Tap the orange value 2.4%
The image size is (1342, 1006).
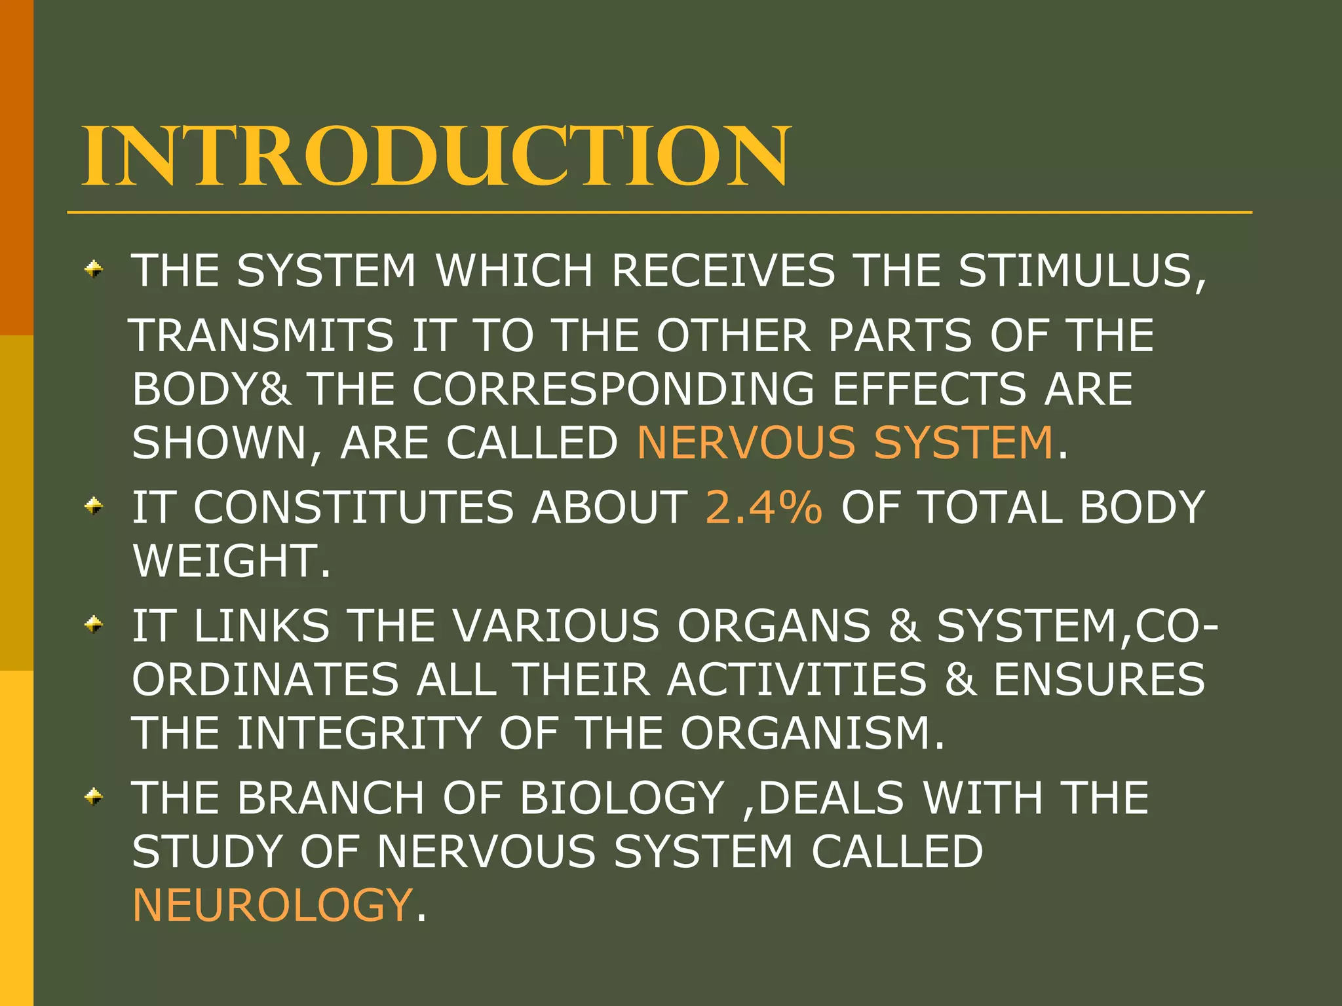763,507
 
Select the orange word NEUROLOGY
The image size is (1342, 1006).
272,904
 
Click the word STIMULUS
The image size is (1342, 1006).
1081,270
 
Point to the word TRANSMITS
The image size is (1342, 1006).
263,335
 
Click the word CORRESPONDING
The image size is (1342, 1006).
613,388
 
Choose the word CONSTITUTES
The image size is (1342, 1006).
353,507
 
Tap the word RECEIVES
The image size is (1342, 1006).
723,270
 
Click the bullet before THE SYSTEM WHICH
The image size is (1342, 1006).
94,269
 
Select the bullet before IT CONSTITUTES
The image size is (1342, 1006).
94,506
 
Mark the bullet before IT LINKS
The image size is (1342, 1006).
94,624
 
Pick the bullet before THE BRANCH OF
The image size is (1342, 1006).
94,796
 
